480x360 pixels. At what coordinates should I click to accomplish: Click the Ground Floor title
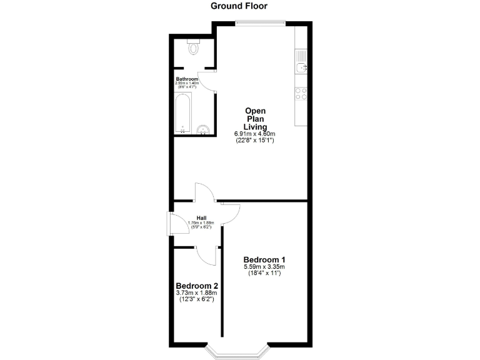(x=239, y=6)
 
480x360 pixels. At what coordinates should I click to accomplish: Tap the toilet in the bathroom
(x=194, y=47)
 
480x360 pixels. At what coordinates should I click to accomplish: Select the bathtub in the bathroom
(x=182, y=114)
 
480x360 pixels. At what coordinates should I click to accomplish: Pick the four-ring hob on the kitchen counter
(x=301, y=93)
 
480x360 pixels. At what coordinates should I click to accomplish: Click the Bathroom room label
(x=187, y=79)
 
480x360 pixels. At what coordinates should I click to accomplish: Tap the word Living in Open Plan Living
(x=255, y=127)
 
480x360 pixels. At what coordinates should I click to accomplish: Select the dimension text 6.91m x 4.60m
(x=255, y=134)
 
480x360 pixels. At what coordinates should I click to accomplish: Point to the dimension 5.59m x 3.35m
(x=264, y=267)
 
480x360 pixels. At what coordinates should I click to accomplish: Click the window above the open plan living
(x=261, y=24)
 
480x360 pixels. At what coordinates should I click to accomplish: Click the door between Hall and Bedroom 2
(x=204, y=254)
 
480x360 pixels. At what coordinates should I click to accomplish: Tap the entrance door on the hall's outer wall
(x=170, y=224)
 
